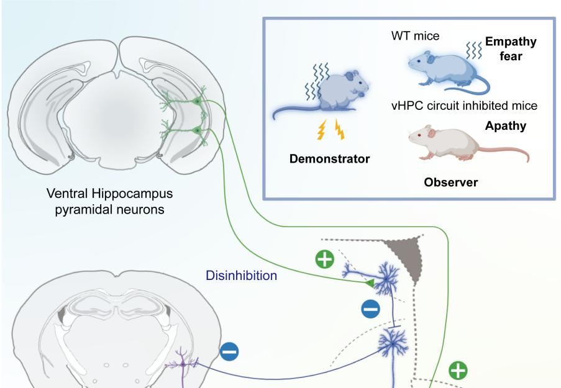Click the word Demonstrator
(x=329, y=159)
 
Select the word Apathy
(x=505, y=127)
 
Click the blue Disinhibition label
(x=242, y=275)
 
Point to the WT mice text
(x=415, y=37)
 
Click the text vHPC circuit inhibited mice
(x=464, y=106)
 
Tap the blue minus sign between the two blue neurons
(x=370, y=309)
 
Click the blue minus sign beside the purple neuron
(x=229, y=352)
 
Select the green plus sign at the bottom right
(x=458, y=371)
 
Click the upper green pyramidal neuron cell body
(x=198, y=101)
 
